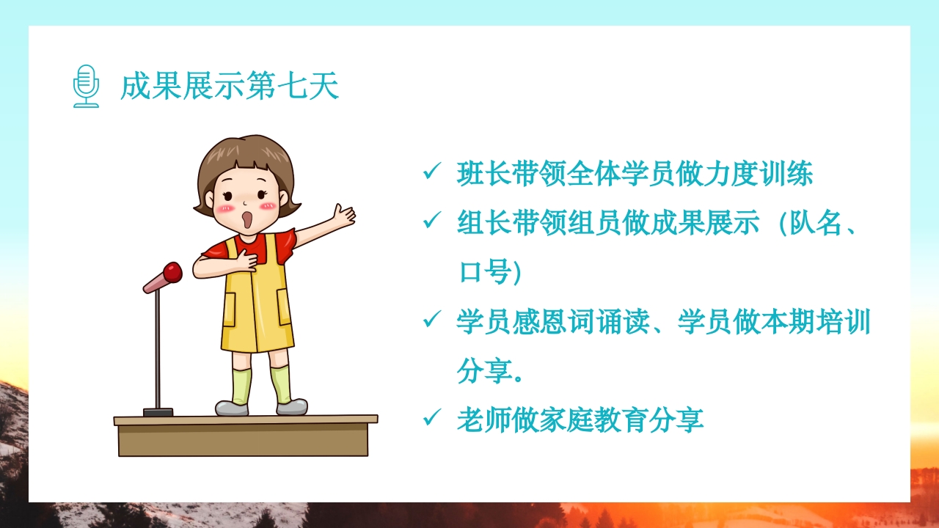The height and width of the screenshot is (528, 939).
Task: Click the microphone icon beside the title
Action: pos(86,87)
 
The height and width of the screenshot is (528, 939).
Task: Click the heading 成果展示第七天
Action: pos(230,87)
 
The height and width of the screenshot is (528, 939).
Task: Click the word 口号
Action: pos(483,272)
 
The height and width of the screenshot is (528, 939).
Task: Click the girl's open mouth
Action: pos(248,219)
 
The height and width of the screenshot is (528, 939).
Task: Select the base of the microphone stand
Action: pos(158,412)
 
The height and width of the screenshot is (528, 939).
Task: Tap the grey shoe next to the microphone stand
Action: pos(232,408)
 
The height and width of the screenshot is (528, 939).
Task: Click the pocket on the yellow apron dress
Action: pos(230,309)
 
